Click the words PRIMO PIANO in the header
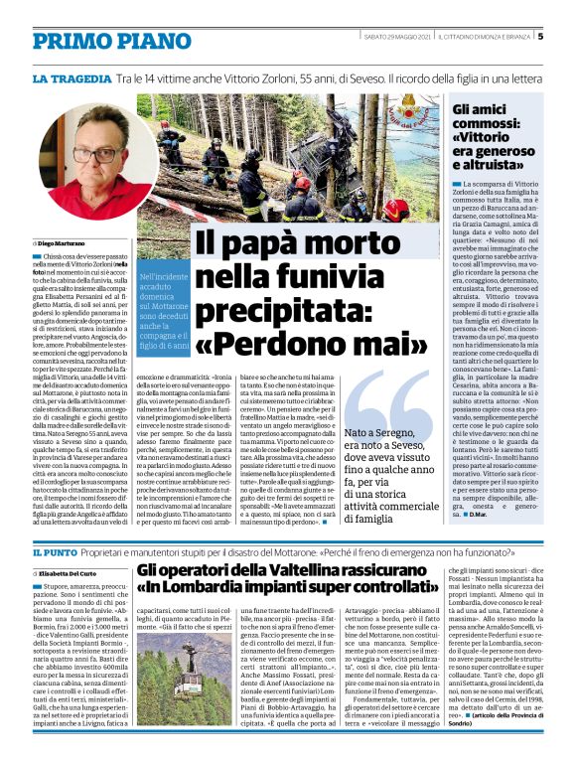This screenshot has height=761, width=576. pyautogui.click(x=96, y=41)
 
